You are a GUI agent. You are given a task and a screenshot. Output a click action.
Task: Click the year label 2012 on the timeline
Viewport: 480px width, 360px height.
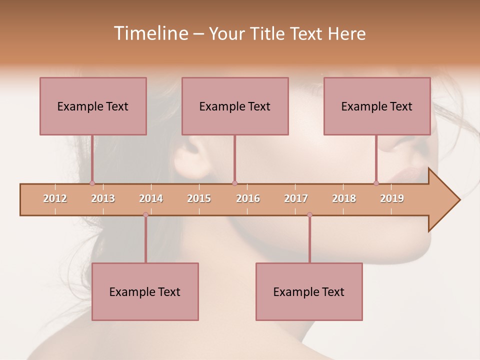pos(55,198)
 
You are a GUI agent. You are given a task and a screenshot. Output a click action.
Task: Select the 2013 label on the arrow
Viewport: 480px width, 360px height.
pos(103,198)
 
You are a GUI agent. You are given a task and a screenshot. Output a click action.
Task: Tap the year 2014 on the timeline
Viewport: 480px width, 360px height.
pos(151,198)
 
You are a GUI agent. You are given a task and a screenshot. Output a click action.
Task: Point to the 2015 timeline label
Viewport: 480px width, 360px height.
pos(199,198)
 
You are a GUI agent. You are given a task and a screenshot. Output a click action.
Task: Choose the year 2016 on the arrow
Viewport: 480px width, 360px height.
pos(248,198)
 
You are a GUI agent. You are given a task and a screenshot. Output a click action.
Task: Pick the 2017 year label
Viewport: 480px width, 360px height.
pos(296,198)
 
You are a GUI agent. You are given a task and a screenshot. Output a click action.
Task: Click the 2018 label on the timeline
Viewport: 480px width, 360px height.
pos(344,198)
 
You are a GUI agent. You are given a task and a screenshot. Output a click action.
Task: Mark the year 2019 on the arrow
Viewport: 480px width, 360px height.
pos(392,198)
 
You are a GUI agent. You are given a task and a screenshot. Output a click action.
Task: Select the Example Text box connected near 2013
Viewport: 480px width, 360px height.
pos(93,106)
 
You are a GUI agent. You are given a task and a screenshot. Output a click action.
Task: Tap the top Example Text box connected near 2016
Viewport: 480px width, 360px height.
pos(235,106)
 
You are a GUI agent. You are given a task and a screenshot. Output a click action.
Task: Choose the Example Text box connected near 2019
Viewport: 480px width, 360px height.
pos(377,106)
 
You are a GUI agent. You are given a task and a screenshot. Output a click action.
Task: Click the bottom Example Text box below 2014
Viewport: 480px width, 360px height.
pos(145,291)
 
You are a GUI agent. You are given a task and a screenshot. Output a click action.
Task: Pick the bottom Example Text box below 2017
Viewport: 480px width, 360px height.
pos(309,291)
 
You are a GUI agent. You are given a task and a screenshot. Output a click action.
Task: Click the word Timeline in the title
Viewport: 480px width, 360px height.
pos(150,33)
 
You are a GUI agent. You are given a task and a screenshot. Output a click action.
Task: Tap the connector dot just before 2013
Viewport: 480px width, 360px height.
pos(92,183)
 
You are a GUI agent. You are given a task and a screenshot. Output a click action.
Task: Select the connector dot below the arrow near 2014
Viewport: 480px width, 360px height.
pos(145,214)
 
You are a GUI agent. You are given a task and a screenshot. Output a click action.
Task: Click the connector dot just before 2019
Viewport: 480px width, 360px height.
pos(376,183)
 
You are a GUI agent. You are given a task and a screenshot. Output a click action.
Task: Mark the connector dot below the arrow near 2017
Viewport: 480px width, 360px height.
pos(309,214)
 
